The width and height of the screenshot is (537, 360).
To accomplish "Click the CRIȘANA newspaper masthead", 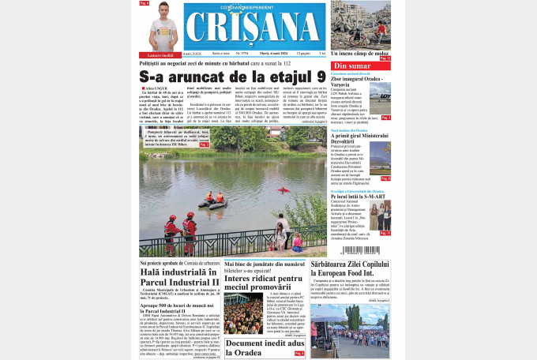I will coord(254,28).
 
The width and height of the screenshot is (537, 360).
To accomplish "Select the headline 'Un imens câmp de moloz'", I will coord(360,52).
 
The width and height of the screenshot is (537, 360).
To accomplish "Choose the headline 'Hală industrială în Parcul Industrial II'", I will coord(179,277).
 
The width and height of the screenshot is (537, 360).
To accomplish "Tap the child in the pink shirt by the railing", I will coord(297,239).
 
